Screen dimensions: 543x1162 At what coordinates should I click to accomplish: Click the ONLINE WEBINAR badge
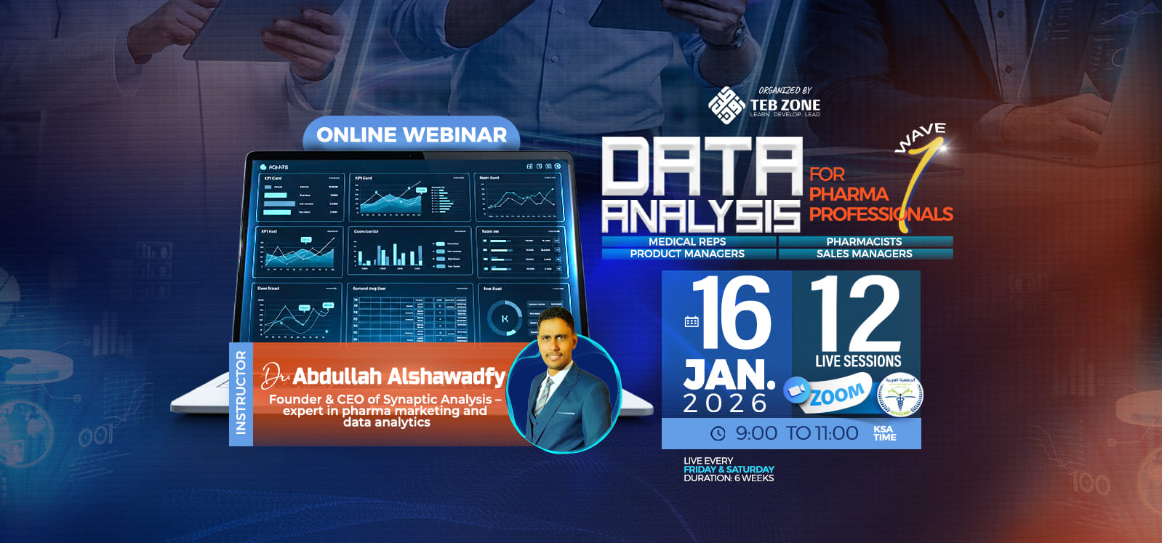412,134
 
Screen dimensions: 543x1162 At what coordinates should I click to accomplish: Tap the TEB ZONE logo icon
726,105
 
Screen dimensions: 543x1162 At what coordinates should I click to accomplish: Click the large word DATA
701,168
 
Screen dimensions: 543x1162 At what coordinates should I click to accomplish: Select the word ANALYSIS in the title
701,216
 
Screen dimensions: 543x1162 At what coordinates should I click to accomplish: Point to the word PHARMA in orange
849,194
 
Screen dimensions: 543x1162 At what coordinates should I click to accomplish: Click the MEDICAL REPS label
687,241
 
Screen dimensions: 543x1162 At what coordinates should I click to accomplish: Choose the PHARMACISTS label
864,241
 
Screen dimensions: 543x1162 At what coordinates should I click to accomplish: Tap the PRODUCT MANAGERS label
687,254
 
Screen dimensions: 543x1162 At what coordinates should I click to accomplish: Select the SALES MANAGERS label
864,254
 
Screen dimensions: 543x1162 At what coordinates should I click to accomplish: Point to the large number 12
856,313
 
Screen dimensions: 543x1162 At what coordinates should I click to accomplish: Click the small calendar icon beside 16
692,321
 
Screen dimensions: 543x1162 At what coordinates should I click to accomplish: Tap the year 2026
725,403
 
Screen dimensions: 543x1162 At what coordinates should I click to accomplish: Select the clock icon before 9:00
718,433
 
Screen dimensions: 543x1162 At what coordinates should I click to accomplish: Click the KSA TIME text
884,433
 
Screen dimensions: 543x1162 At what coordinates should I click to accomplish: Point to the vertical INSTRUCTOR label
241,393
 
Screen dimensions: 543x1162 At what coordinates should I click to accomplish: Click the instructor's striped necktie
543,395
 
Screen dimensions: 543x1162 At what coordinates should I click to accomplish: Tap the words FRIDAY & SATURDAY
729,470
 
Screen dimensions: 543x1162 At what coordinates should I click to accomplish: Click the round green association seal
900,396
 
